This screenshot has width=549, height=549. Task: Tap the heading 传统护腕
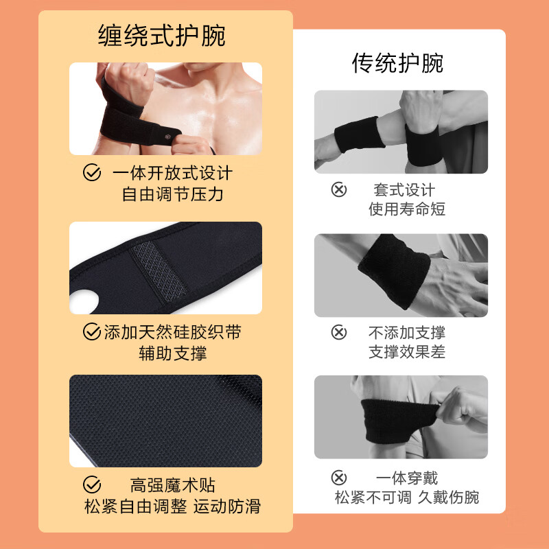(x=397, y=63)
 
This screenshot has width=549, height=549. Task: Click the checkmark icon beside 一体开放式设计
(x=91, y=172)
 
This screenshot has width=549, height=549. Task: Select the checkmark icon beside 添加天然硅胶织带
(x=91, y=333)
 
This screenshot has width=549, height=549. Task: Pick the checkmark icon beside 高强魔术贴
(x=91, y=485)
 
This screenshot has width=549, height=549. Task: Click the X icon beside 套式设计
(x=339, y=189)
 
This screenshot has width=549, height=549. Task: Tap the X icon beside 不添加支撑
(x=339, y=333)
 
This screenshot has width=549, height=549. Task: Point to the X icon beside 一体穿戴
(x=339, y=478)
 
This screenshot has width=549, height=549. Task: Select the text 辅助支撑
(x=173, y=354)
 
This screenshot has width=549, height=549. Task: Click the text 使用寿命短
(x=407, y=209)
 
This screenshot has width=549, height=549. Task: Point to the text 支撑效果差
(x=407, y=353)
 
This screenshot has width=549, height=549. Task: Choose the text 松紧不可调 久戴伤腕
(x=407, y=498)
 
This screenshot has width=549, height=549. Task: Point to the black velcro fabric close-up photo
(x=165, y=421)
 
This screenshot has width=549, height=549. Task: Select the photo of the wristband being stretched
(x=401, y=417)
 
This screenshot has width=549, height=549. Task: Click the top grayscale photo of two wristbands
(x=401, y=132)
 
